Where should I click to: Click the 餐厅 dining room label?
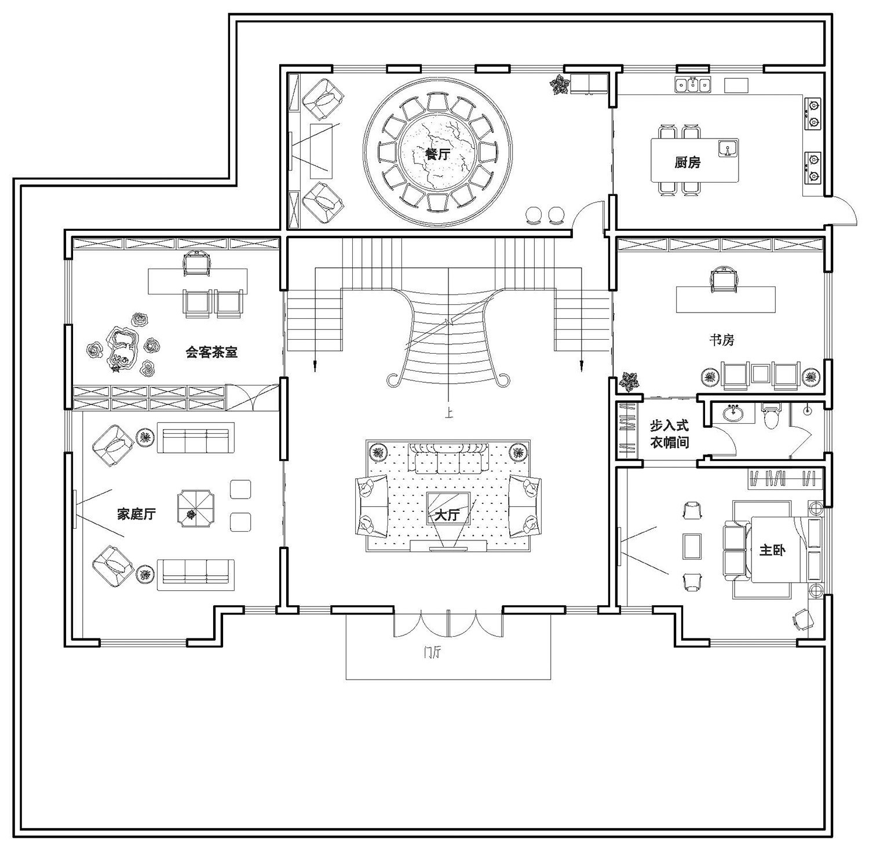coord(438,155)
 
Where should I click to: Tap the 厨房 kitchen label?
coord(687,162)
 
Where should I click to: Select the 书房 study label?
coord(722,340)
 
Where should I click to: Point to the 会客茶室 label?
coord(211,351)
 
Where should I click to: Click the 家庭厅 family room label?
coord(136,514)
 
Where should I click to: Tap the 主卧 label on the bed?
coord(772,550)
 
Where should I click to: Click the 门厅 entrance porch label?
coord(432,653)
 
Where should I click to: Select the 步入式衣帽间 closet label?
coord(669,434)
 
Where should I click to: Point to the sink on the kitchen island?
coord(728,148)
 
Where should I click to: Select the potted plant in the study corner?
coord(629,381)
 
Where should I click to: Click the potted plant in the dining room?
coord(559,85)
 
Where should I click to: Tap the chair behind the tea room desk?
coord(196,264)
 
